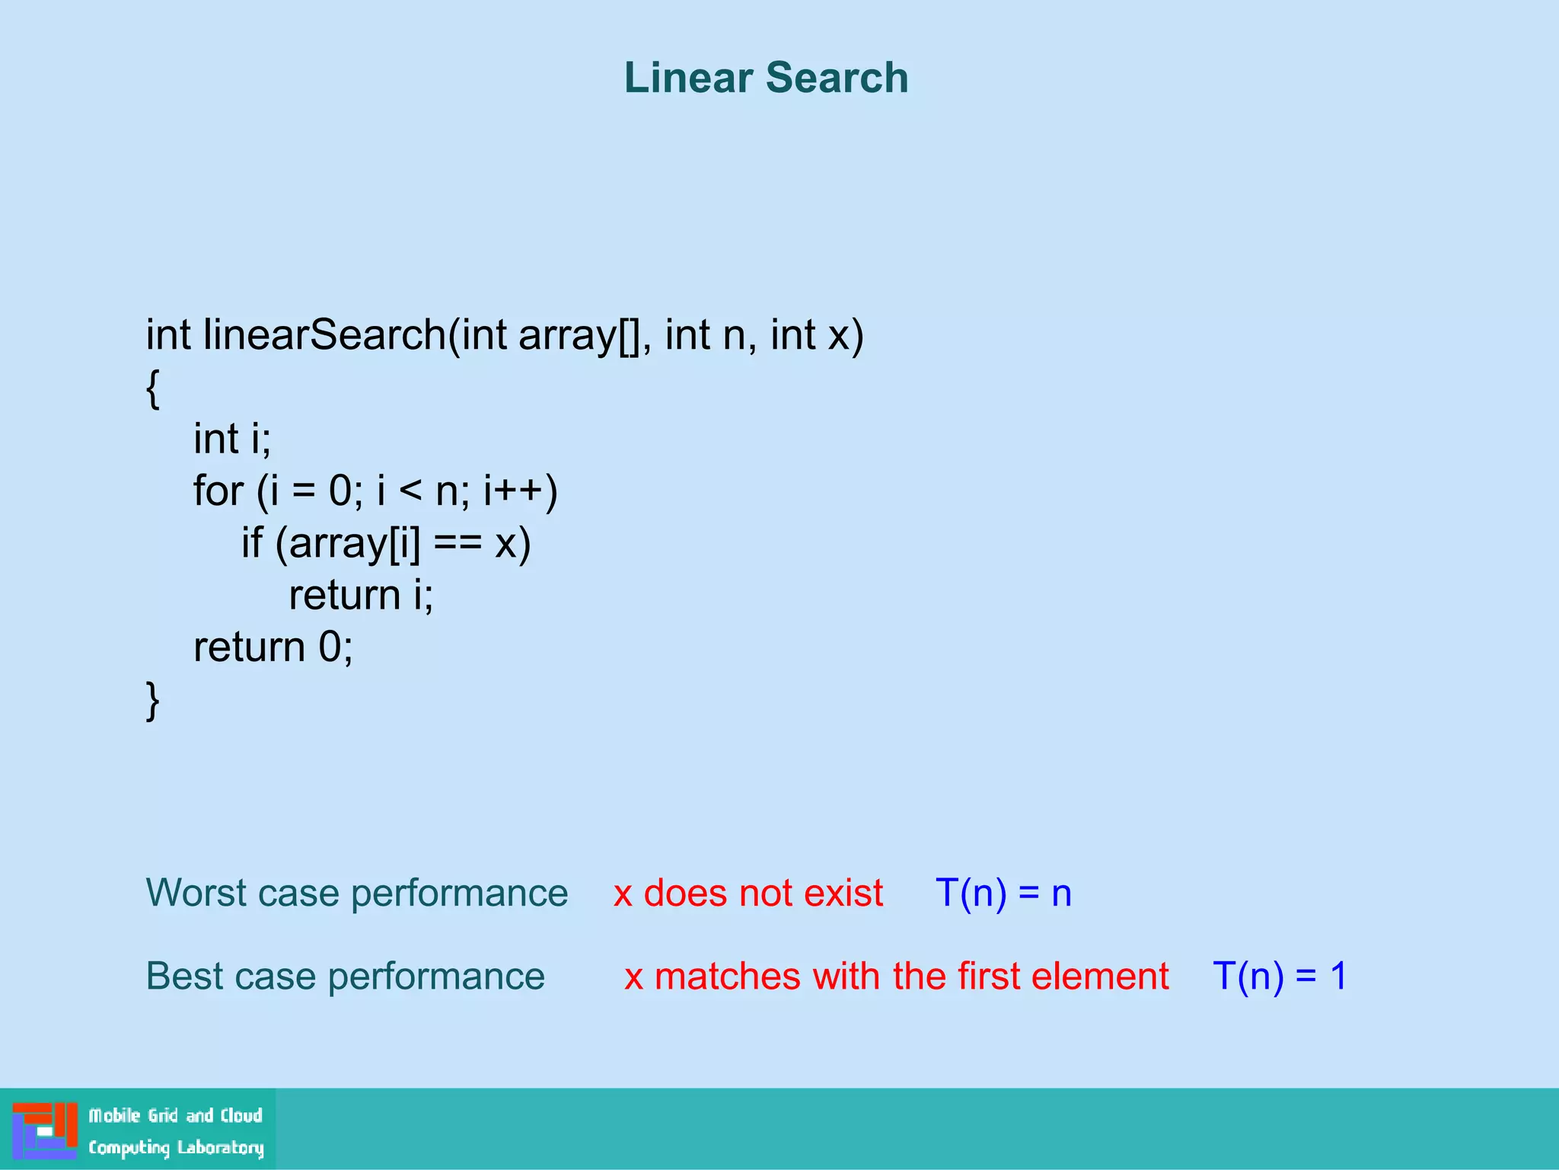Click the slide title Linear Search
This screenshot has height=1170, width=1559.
[766, 78]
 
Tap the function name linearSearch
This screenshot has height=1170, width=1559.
[324, 335]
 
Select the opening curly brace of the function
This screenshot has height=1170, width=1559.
[152, 388]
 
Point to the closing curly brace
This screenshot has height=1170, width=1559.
[152, 699]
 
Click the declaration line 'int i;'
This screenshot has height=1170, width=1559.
[232, 440]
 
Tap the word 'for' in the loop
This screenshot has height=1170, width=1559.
[218, 491]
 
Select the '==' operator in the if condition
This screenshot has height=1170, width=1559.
[457, 544]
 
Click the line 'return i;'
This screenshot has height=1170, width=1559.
[361, 596]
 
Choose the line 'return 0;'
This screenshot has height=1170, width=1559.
[273, 647]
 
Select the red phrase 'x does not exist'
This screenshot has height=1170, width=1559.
[748, 893]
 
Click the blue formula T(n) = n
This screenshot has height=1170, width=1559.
[1003, 893]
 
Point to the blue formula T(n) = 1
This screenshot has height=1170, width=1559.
[1280, 977]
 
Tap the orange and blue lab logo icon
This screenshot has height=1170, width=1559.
[45, 1130]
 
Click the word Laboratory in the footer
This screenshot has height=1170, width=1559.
[221, 1147]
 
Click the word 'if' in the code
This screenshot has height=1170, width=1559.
[252, 544]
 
